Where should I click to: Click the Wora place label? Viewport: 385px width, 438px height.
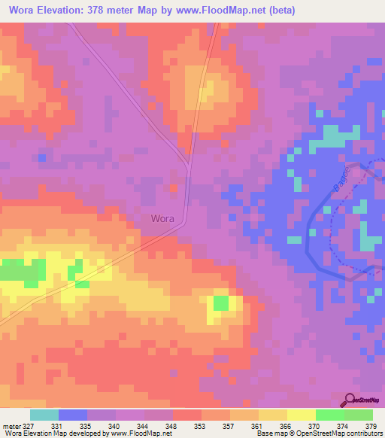[x=162, y=219]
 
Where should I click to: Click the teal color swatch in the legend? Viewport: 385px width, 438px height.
[x=44, y=415]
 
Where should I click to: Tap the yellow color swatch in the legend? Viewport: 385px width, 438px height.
[x=302, y=415]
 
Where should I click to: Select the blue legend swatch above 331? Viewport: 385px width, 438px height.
[x=73, y=415]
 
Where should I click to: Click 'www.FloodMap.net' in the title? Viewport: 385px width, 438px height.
[x=222, y=11]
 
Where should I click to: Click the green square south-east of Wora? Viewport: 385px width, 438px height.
[x=220, y=303]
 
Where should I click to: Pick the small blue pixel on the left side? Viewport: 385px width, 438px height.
[x=42, y=157]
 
